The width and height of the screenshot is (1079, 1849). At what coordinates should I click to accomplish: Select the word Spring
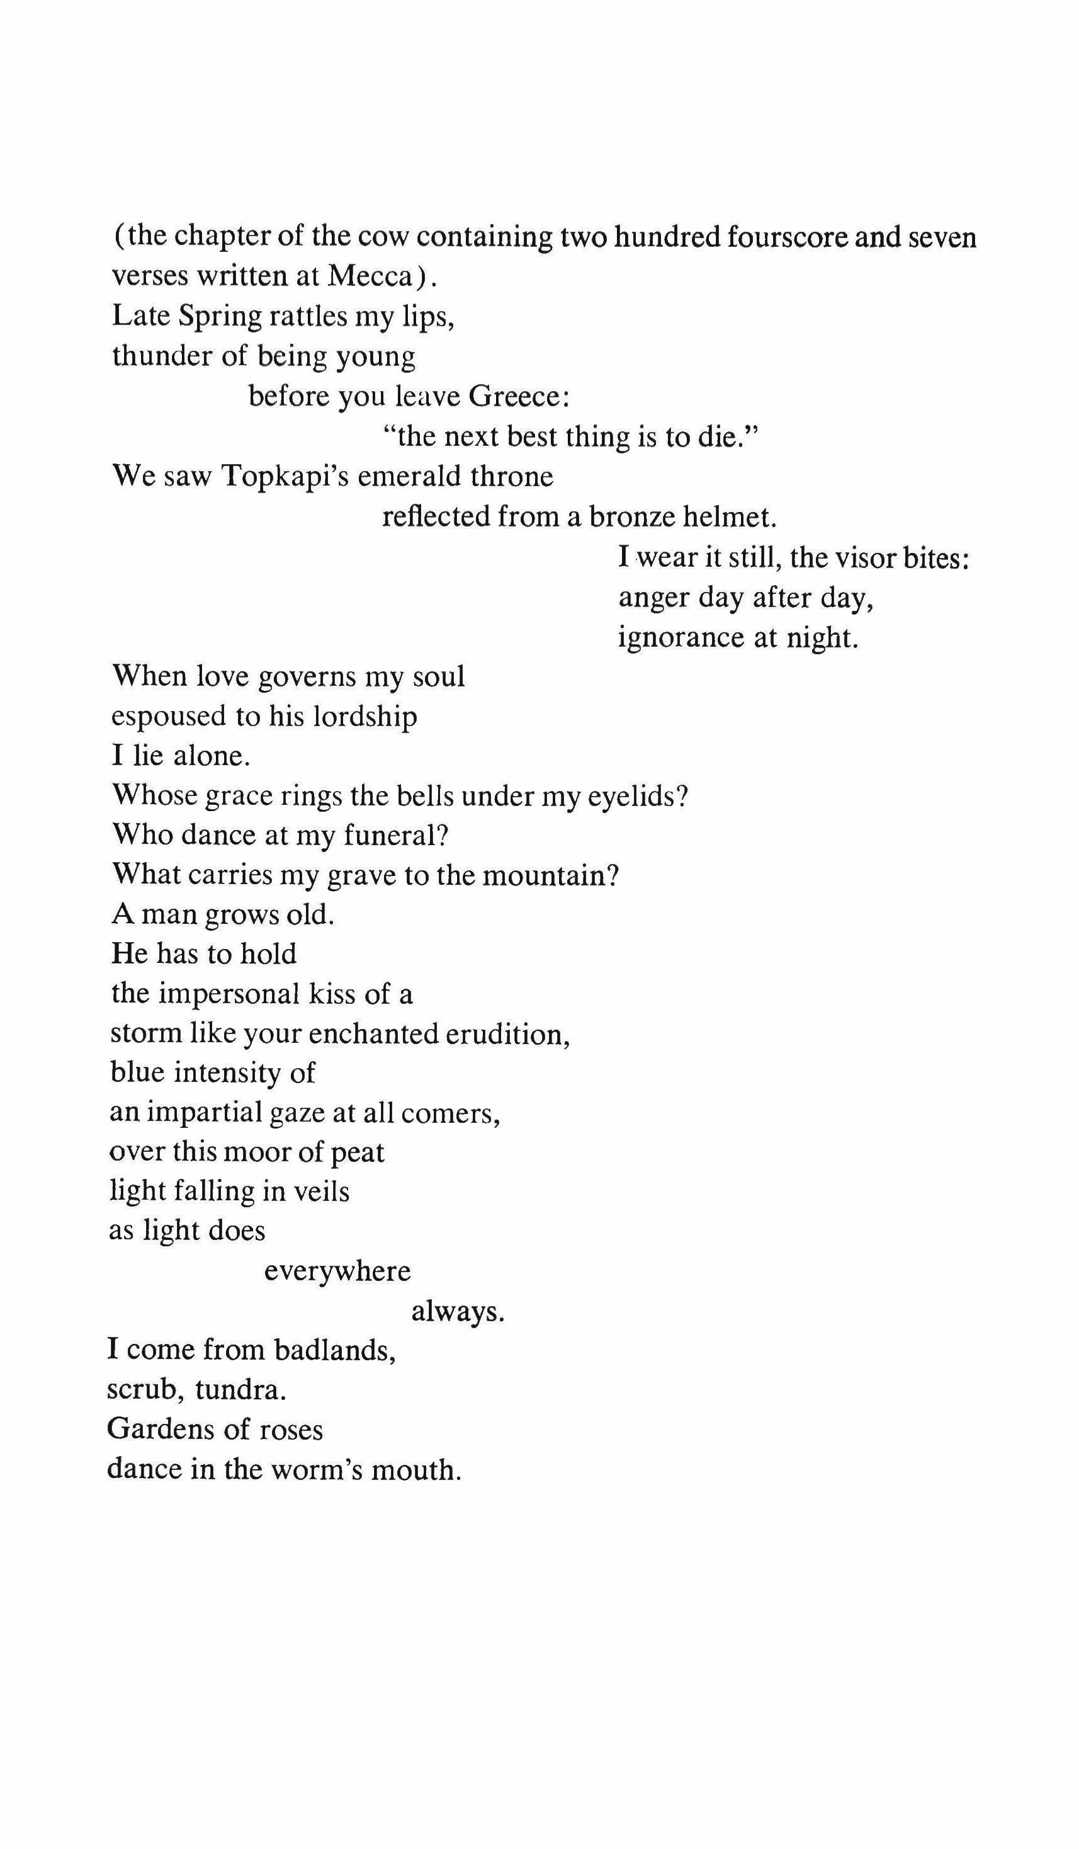(x=220, y=317)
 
